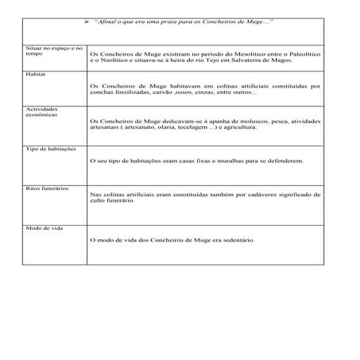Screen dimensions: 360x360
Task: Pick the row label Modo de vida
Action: pos(42,228)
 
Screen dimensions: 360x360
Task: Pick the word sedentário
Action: pos(235,239)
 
